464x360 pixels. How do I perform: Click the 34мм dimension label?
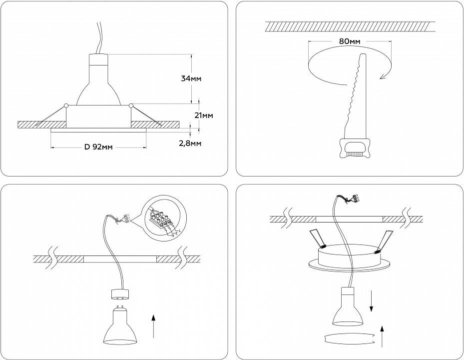[x=192, y=78]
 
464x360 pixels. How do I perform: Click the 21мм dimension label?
[x=203, y=115]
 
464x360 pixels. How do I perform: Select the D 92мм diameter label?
[x=98, y=147]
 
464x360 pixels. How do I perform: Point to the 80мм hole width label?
[x=350, y=41]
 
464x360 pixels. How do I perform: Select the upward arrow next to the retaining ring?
[x=382, y=335]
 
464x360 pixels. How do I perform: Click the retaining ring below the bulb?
[x=348, y=338]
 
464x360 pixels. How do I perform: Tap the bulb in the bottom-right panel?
[x=348, y=308]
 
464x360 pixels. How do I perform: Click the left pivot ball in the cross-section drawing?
[x=66, y=105]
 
